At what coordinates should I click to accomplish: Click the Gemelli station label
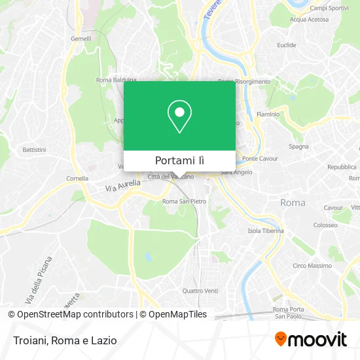click(81, 39)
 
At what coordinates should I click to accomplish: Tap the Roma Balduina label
click(116, 80)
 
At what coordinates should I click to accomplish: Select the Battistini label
click(34, 150)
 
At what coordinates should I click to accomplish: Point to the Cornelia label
click(77, 178)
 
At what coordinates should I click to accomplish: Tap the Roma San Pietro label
click(184, 201)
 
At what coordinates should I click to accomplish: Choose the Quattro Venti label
click(200, 291)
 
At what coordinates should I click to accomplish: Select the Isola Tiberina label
click(266, 230)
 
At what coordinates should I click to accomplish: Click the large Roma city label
click(293, 203)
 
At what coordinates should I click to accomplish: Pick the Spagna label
click(298, 147)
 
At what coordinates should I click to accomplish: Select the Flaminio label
click(268, 114)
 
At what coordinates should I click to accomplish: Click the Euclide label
click(287, 45)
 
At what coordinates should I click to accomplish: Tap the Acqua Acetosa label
click(309, 19)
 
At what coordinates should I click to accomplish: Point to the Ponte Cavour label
click(260, 158)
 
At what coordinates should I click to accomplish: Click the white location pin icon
click(179, 117)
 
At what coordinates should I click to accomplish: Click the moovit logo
click(310, 339)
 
